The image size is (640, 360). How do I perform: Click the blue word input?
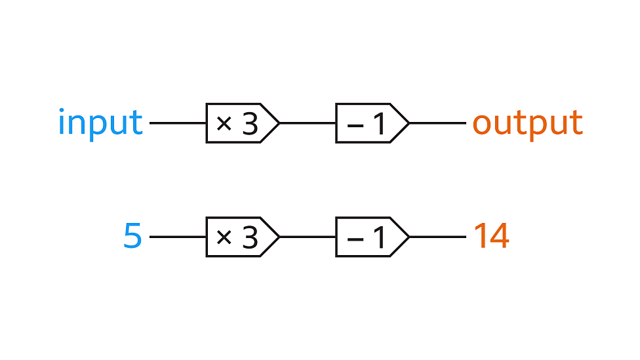pos(100,123)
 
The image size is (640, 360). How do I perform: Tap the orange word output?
pos(527,123)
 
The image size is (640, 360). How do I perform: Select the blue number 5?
pos(132,237)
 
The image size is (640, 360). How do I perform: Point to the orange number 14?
pos(491,237)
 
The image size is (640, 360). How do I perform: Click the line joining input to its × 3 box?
pos(178,123)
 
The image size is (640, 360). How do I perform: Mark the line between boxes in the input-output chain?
pos(308,123)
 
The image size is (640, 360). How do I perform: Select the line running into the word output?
pos(437,123)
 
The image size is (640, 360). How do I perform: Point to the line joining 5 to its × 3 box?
pos(178,237)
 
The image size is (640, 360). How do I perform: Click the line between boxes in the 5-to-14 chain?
pos(308,237)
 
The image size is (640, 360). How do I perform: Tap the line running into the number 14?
pos(437,237)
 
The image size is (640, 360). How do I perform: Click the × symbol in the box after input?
pos(224,123)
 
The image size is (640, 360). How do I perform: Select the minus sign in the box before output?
pos(355,124)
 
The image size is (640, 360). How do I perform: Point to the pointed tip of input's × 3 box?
pos(278,123)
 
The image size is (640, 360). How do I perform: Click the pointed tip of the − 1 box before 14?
pos(408,237)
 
